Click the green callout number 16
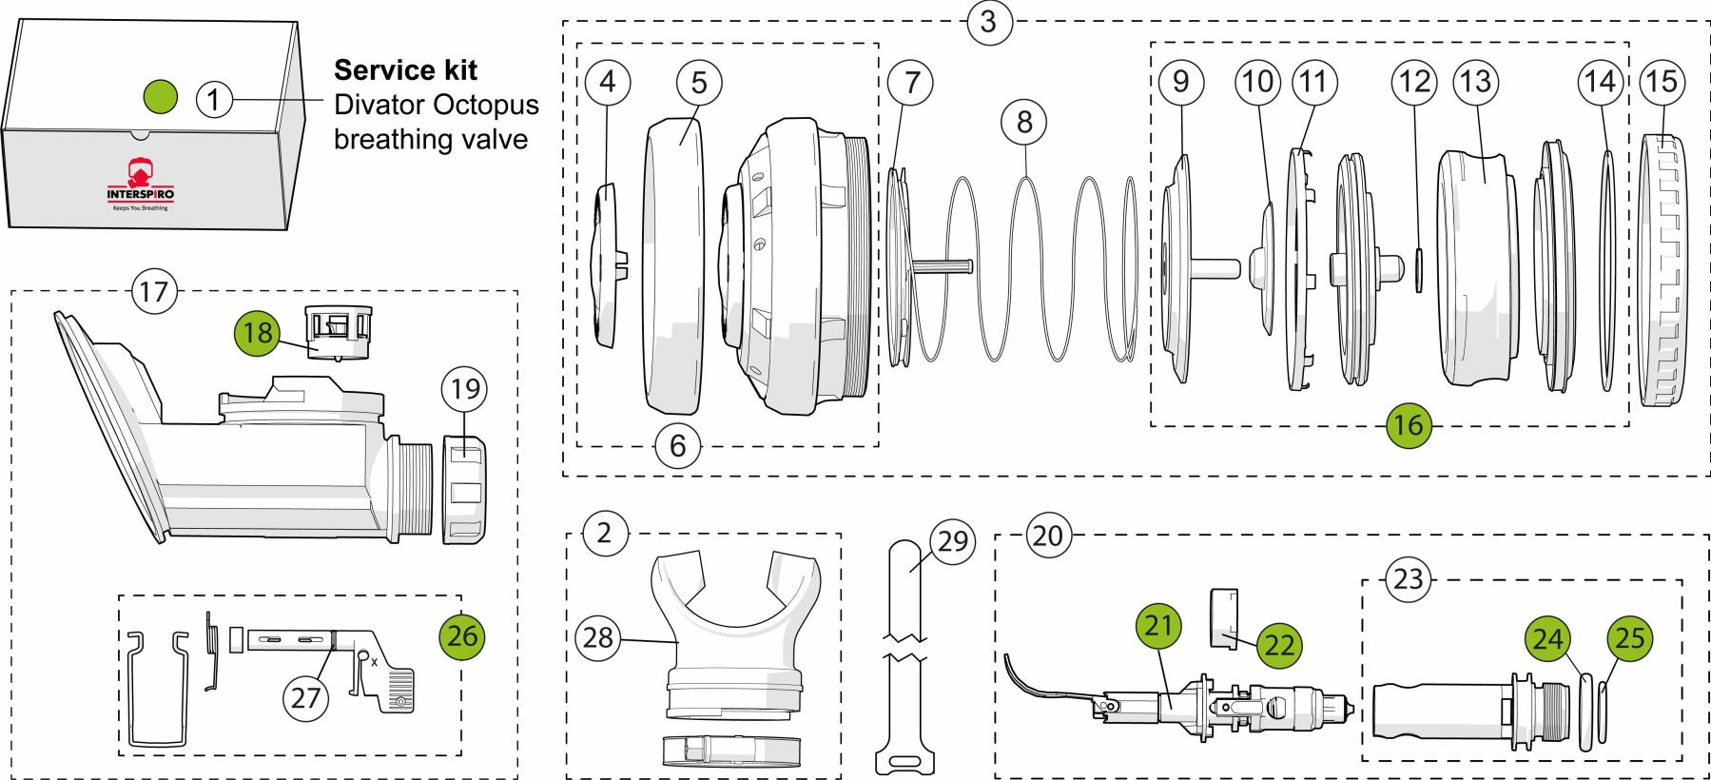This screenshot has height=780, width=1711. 1408,424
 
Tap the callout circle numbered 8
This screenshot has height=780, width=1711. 1023,122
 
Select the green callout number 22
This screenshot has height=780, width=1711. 1279,644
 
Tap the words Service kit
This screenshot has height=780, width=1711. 405,70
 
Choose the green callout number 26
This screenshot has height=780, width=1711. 462,635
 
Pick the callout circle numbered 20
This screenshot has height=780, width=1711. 1046,536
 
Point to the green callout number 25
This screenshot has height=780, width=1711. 1629,637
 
